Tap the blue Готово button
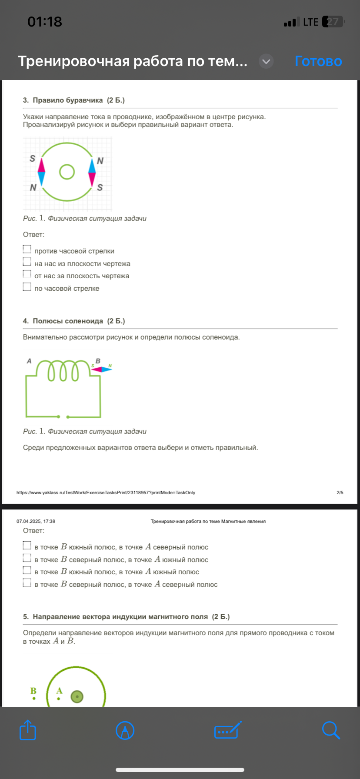pos(318,61)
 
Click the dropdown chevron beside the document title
pos(266,62)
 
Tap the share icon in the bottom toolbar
pos(28,730)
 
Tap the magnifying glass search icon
pos(331,730)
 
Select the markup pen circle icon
pos(125,730)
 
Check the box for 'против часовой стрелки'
pos(27,250)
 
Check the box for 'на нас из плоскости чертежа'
pos(27,262)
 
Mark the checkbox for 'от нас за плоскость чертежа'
pos(27,274)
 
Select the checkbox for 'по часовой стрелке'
pos(27,287)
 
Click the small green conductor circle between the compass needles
pos(67,172)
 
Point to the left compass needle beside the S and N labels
pos(41,171)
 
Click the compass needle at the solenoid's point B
pos(102,369)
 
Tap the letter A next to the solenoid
pos(29,361)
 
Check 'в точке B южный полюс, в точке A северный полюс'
pos(27,546)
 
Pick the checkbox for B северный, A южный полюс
pos(27,558)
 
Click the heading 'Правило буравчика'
pos(68,100)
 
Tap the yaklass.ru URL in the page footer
pos(106,493)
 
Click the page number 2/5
pos(340,493)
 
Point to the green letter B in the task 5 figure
pos(33,691)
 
